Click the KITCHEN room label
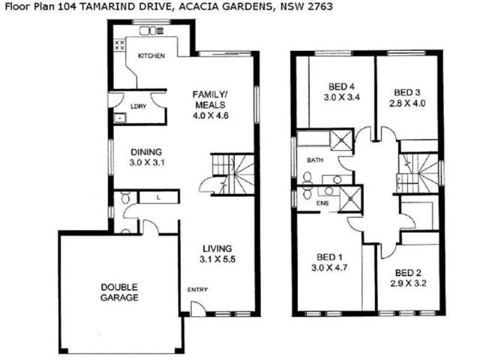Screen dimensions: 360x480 (x=151, y=56)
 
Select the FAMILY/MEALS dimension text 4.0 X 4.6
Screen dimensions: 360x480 (x=210, y=115)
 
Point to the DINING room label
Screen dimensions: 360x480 (x=146, y=152)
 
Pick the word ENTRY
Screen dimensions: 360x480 (x=197, y=290)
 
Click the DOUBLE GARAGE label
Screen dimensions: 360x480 (x=119, y=292)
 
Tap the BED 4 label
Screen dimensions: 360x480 (x=341, y=85)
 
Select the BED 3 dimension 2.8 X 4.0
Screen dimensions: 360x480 (x=406, y=103)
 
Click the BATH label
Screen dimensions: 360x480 (x=315, y=160)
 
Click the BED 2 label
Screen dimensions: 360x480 (x=409, y=271)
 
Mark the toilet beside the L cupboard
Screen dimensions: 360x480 (x=125, y=197)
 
